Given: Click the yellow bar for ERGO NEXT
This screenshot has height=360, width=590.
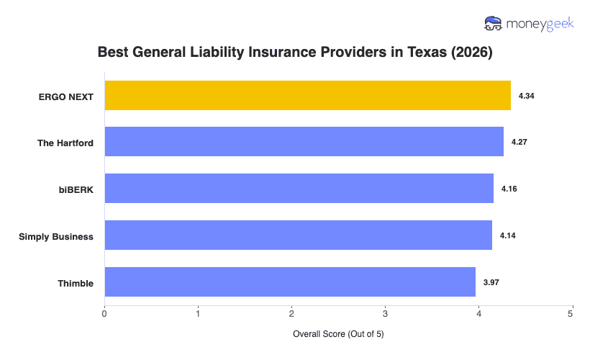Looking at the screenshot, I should pos(307,95).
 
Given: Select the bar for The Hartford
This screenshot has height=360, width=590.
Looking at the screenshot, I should pos(304,142).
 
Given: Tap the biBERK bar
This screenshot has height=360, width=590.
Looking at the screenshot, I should pos(299,189).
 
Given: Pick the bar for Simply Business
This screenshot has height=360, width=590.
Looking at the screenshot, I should pos(298,235).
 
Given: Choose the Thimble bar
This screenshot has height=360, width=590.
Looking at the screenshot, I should pos(290,282).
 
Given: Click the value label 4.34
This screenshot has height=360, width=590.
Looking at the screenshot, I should pos(527,96).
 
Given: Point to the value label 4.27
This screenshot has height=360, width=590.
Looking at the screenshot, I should pos(519,143).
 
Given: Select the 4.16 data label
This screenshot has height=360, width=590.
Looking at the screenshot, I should pos(509,189).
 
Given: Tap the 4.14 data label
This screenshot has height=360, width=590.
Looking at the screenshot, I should pos(508,236).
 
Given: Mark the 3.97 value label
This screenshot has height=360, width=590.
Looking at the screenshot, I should pos(491,283).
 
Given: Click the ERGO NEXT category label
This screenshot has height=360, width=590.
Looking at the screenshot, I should pos(66,96).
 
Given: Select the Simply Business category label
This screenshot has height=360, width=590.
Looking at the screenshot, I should pos(56,236).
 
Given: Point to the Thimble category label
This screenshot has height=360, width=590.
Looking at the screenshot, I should pos(76,283).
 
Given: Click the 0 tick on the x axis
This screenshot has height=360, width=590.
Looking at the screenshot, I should pos(105,313).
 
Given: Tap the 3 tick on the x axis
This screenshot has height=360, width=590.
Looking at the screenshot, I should pos(385,313).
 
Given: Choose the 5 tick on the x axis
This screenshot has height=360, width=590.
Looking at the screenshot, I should pos(571,313).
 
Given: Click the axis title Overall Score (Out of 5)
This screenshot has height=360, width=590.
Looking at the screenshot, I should pos(338,335).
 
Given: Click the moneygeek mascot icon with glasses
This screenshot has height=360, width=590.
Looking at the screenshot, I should pos(493,24).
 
